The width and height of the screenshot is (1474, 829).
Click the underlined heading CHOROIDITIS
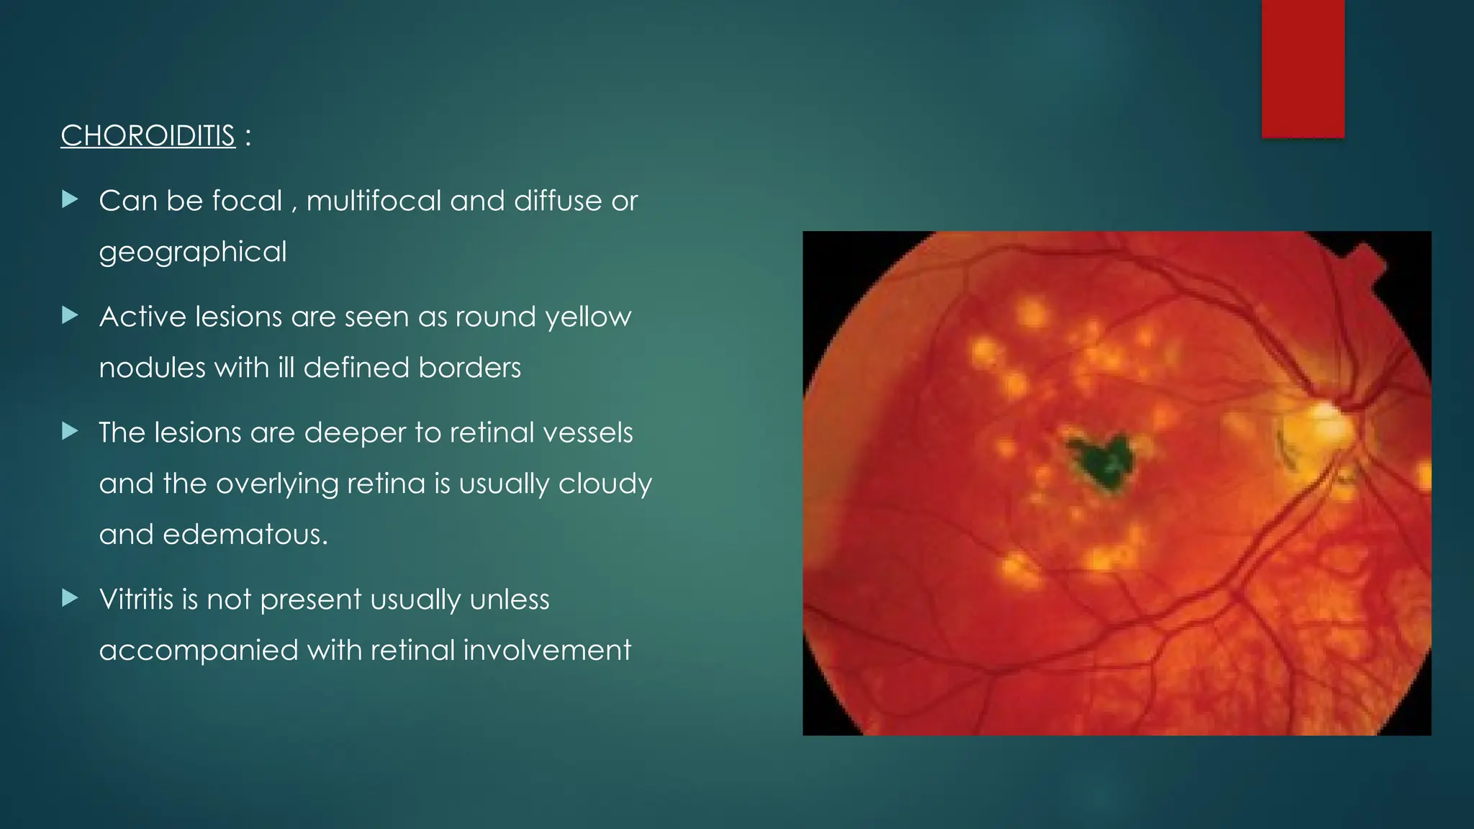[x=148, y=135]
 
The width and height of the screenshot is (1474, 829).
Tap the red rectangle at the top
[x=1303, y=68]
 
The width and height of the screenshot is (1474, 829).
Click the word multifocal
[x=374, y=201]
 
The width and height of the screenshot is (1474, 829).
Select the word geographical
[x=193, y=252]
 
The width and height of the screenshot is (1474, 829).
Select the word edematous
[x=245, y=535]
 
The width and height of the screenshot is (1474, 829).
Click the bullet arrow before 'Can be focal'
[x=70, y=199]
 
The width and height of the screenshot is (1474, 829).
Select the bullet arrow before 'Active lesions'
[x=70, y=315]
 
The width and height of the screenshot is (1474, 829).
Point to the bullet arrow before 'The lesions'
[x=70, y=431]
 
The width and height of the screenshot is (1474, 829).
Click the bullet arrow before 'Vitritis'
[x=70, y=598]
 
